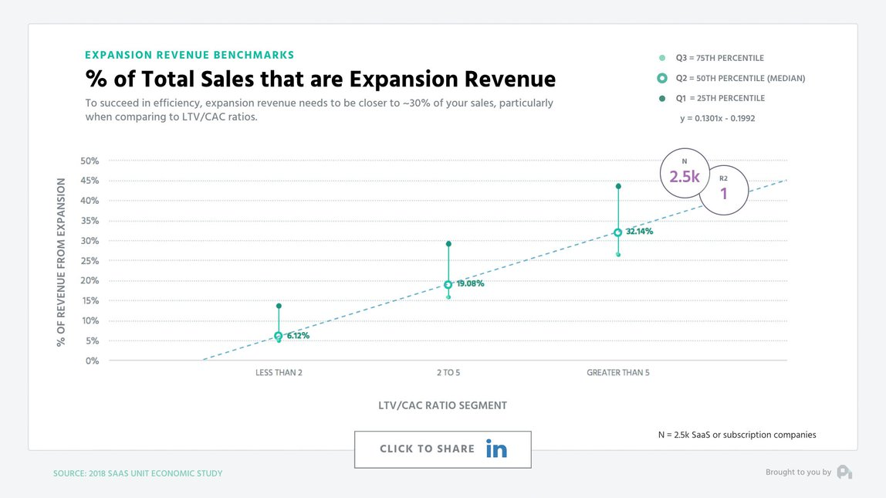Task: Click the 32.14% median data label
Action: click(x=639, y=232)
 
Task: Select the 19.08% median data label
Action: click(x=469, y=284)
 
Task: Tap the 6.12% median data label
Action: click(x=298, y=336)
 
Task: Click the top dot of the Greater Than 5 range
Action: click(x=618, y=186)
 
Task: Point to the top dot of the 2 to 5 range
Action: click(x=448, y=244)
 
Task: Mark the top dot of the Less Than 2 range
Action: click(x=279, y=307)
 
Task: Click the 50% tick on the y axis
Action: click(x=90, y=161)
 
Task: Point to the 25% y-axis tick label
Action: click(x=90, y=261)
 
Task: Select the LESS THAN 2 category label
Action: click(x=279, y=373)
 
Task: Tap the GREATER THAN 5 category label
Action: click(x=617, y=373)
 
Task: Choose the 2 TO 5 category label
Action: click(x=448, y=373)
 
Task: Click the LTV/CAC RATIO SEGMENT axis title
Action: click(x=442, y=405)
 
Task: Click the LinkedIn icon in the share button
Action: click(x=496, y=449)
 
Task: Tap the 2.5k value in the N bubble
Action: click(x=684, y=177)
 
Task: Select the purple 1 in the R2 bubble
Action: click(x=724, y=194)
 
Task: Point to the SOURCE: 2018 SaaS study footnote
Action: click(x=137, y=473)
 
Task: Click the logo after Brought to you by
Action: click(x=844, y=472)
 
